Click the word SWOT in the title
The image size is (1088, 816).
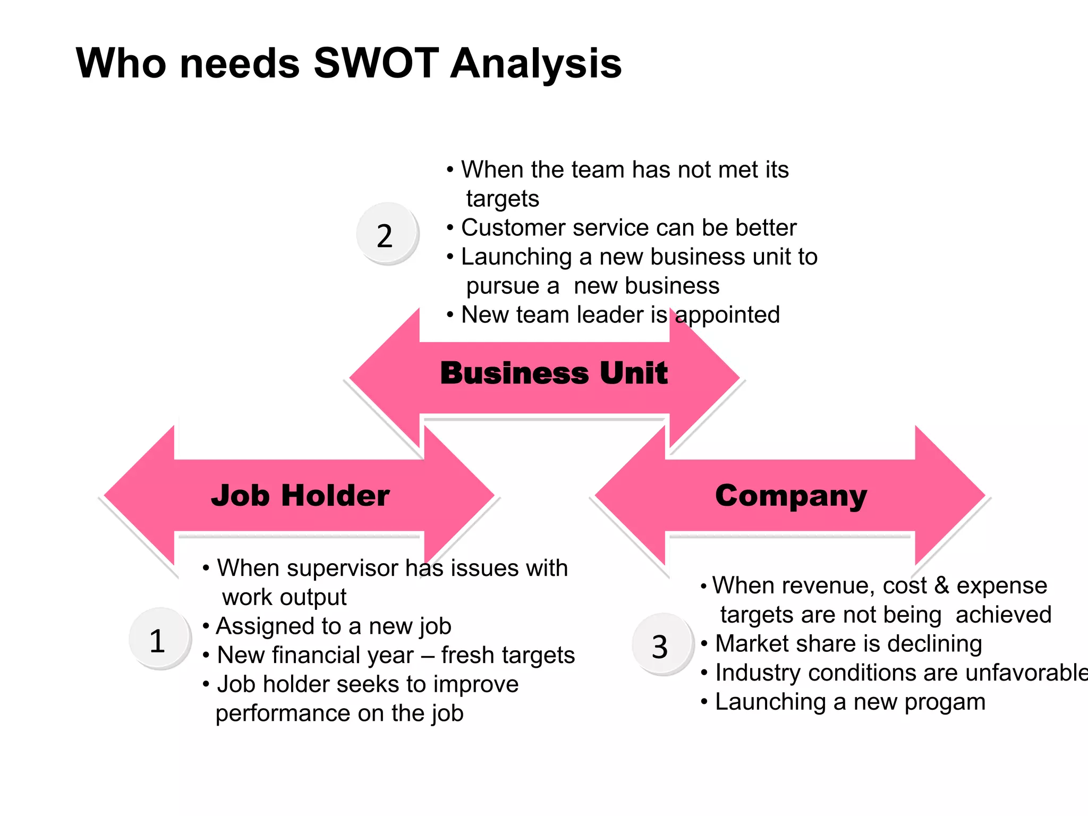(x=376, y=63)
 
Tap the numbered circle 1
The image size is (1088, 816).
(x=158, y=640)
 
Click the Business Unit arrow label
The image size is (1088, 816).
(x=554, y=373)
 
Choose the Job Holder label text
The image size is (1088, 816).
(x=300, y=496)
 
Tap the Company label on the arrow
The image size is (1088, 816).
(x=790, y=496)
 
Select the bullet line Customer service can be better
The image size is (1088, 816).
(x=628, y=228)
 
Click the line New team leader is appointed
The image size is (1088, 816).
(x=620, y=315)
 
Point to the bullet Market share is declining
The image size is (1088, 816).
(x=848, y=644)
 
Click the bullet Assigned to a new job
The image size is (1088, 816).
(x=334, y=626)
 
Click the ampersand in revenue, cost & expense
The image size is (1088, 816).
(x=941, y=585)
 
